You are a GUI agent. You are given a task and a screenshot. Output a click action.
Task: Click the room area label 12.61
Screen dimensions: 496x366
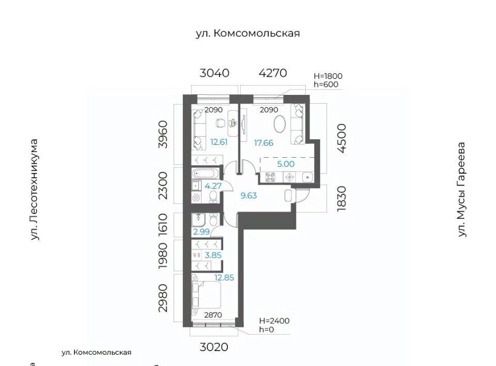click(219, 142)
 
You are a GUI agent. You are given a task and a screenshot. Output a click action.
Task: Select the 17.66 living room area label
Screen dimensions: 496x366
click(263, 143)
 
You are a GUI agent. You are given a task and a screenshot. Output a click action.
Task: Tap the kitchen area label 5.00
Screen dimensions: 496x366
click(286, 164)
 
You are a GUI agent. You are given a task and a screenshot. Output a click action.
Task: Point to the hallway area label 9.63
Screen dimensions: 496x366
click(249, 195)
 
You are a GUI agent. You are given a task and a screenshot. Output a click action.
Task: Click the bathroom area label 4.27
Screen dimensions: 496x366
click(213, 186)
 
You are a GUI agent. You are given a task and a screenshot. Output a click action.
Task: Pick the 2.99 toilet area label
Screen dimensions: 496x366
click(202, 231)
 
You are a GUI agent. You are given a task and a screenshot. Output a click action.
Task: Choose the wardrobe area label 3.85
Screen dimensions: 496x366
click(213, 255)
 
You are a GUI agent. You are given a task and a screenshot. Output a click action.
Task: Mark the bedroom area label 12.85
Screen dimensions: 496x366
click(224, 278)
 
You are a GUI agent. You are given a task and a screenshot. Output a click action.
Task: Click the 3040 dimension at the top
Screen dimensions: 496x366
click(214, 73)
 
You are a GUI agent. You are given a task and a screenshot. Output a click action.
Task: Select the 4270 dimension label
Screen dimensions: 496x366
click(273, 73)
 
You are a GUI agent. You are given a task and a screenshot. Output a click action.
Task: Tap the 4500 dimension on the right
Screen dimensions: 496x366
click(342, 138)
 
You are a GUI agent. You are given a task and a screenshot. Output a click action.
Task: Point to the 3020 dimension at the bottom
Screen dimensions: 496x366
click(214, 347)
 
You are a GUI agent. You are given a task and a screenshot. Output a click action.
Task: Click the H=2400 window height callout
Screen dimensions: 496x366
click(274, 321)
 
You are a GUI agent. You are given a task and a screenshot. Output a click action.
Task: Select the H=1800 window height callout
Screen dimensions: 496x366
click(328, 76)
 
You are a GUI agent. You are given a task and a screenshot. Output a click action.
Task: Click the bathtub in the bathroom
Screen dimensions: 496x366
click(205, 174)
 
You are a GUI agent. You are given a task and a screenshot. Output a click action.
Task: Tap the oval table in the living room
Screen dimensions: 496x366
click(280, 124)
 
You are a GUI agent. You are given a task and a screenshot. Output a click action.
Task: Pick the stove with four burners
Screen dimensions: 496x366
click(270, 177)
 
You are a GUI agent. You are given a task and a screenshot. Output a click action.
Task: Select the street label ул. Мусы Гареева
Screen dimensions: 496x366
click(462, 189)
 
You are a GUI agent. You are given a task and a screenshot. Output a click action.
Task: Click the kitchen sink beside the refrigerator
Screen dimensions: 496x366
click(307, 177)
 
